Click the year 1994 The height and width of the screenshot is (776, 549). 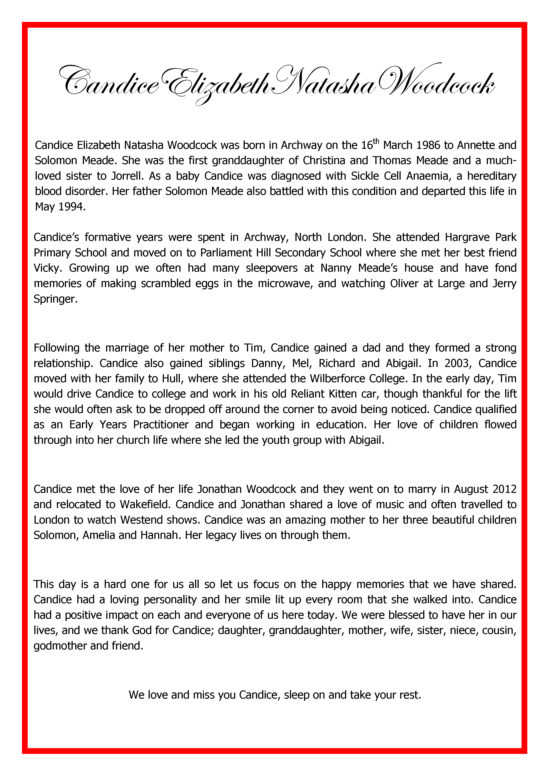[x=72, y=207]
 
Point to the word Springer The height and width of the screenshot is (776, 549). [x=55, y=299]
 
